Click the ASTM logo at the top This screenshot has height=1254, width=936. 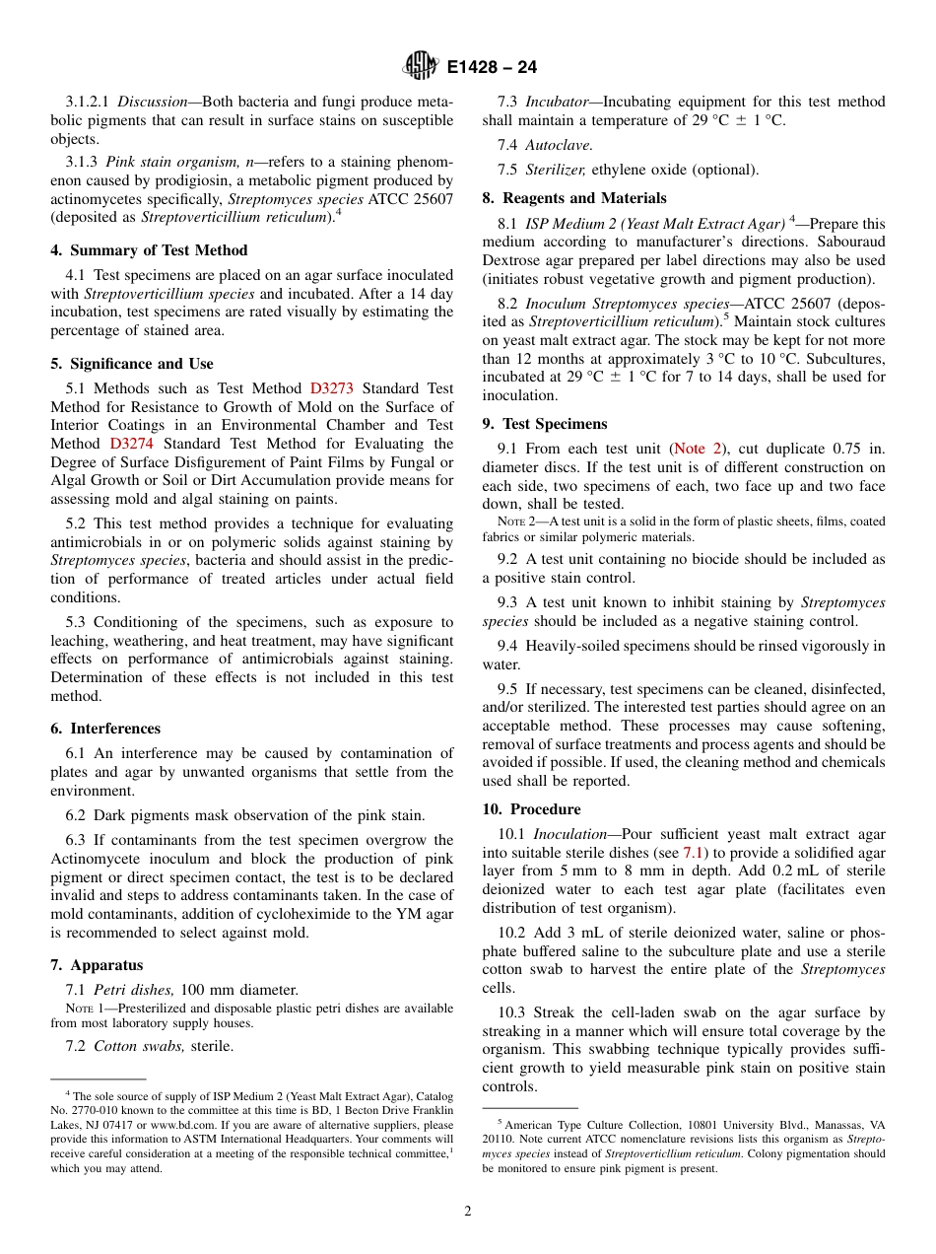[x=422, y=67]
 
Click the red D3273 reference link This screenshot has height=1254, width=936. [x=331, y=388]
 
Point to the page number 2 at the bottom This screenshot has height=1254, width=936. [x=468, y=1212]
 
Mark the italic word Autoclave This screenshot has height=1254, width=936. [x=559, y=145]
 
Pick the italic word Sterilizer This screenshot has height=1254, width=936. [x=556, y=170]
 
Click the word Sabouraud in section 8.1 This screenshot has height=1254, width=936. [x=854, y=243]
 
